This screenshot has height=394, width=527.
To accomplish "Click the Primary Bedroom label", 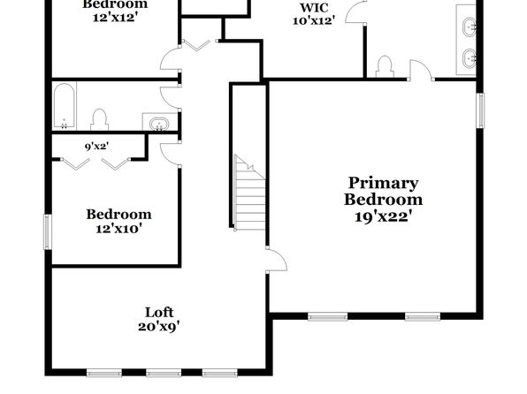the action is pyautogui.click(x=383, y=191).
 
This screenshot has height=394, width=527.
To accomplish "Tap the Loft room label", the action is pyautogui.click(x=159, y=313).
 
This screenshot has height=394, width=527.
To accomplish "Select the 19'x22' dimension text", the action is pyautogui.click(x=383, y=216).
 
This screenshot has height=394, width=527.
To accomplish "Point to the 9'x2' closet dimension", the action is pyautogui.click(x=96, y=147).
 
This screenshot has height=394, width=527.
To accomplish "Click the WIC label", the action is pyautogui.click(x=314, y=7).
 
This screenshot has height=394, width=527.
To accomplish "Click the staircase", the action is pyautogui.click(x=249, y=193).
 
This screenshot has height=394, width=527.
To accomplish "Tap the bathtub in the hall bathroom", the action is pyautogui.click(x=65, y=105).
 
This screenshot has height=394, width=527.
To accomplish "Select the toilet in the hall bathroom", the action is pyautogui.click(x=100, y=119).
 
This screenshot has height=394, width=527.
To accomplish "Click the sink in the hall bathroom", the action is pyautogui.click(x=159, y=124).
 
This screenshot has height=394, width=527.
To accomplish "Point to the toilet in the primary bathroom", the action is pyautogui.click(x=385, y=66).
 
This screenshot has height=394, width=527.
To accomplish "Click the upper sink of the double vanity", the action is pyautogui.click(x=470, y=27).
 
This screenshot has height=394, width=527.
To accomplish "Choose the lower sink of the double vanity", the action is pyautogui.click(x=470, y=58).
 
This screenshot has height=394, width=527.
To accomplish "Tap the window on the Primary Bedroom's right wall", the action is pyautogui.click(x=481, y=110).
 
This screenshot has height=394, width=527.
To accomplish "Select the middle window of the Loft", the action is pyautogui.click(x=164, y=373).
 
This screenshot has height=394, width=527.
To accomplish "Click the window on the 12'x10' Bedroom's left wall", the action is pyautogui.click(x=48, y=232).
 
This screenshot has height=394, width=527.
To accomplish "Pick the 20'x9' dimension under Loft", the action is pyautogui.click(x=159, y=327).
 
